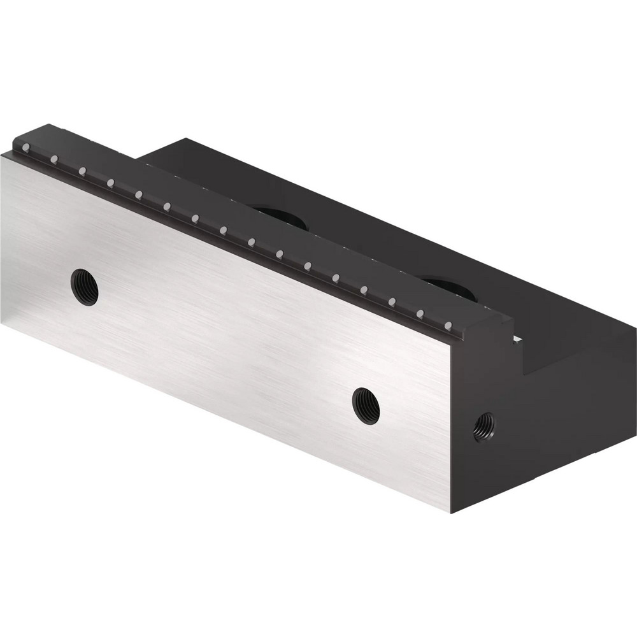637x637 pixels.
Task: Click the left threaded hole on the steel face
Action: click(84, 287)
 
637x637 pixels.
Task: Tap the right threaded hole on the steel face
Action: click(366, 406)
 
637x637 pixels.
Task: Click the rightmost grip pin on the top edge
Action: click(448, 326)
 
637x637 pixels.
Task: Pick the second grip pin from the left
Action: click(54, 159)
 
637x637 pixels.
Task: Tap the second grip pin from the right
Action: click(420, 313)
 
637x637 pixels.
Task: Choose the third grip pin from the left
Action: click(82, 171)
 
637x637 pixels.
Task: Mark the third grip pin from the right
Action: click(392, 301)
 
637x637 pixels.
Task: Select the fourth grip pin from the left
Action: click(110, 183)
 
